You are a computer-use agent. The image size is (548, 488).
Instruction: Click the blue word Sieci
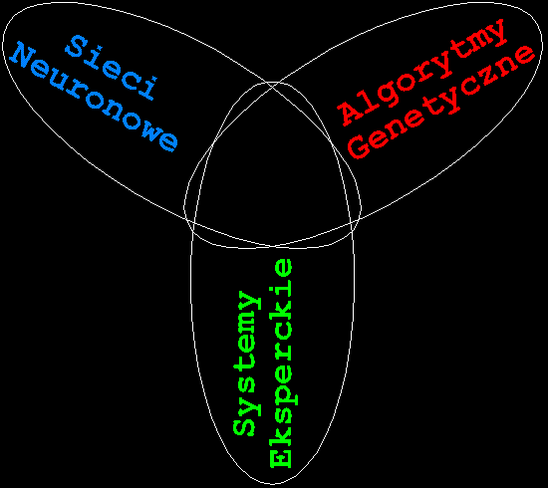(112, 68)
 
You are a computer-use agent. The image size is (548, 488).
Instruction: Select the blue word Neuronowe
(95, 97)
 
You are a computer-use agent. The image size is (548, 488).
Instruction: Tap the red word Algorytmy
(421, 72)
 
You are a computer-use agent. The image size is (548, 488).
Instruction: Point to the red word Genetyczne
(441, 102)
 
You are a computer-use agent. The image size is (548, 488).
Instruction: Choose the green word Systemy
(247, 364)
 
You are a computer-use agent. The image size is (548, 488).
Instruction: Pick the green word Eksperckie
(283, 364)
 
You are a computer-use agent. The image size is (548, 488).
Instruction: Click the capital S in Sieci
(76, 46)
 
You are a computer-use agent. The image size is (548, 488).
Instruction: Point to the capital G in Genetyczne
(360, 146)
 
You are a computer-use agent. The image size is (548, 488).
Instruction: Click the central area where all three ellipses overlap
(272, 167)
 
